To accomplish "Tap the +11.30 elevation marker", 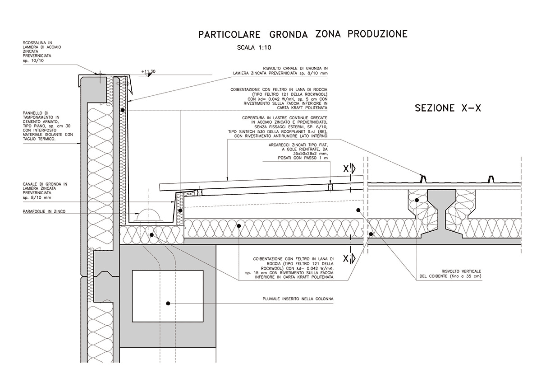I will point(148,72).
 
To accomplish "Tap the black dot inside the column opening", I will point(167,304).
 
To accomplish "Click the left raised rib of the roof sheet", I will point(423,179).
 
